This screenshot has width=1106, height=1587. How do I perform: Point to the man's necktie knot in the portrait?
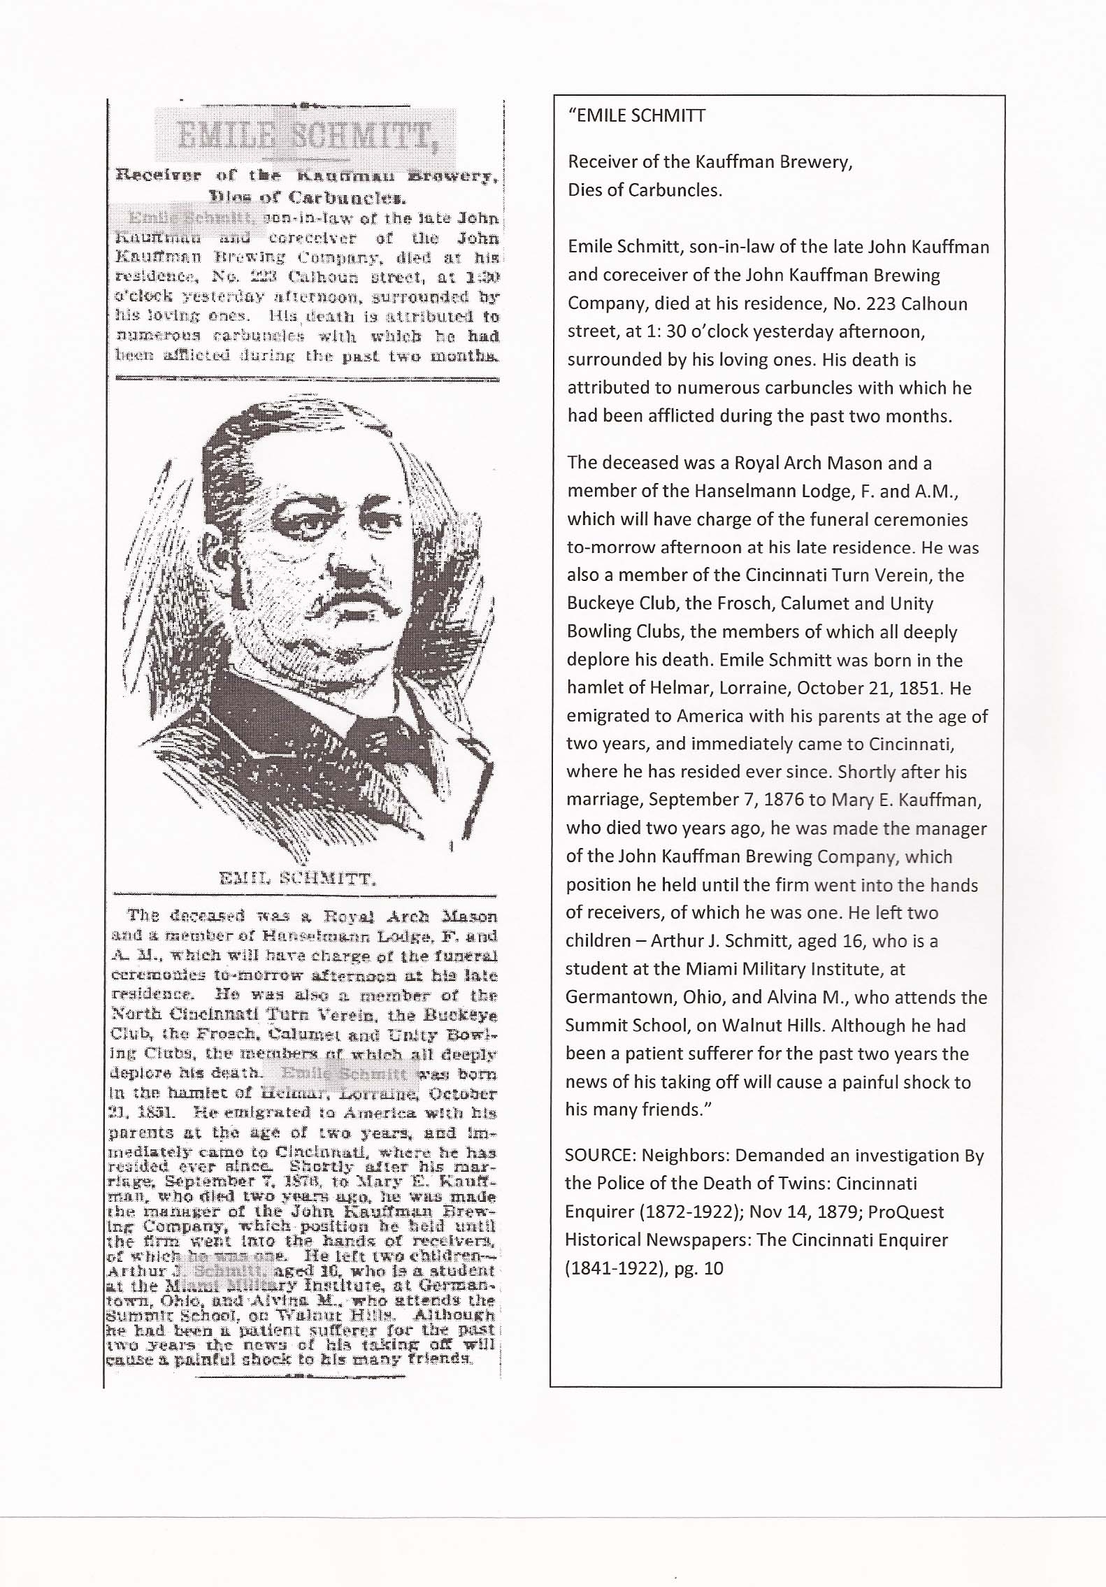pyautogui.click(x=364, y=727)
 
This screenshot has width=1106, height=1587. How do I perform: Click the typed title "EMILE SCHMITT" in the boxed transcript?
pyautogui.click(x=639, y=116)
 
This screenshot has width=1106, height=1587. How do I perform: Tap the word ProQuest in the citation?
pyautogui.click(x=910, y=1212)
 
